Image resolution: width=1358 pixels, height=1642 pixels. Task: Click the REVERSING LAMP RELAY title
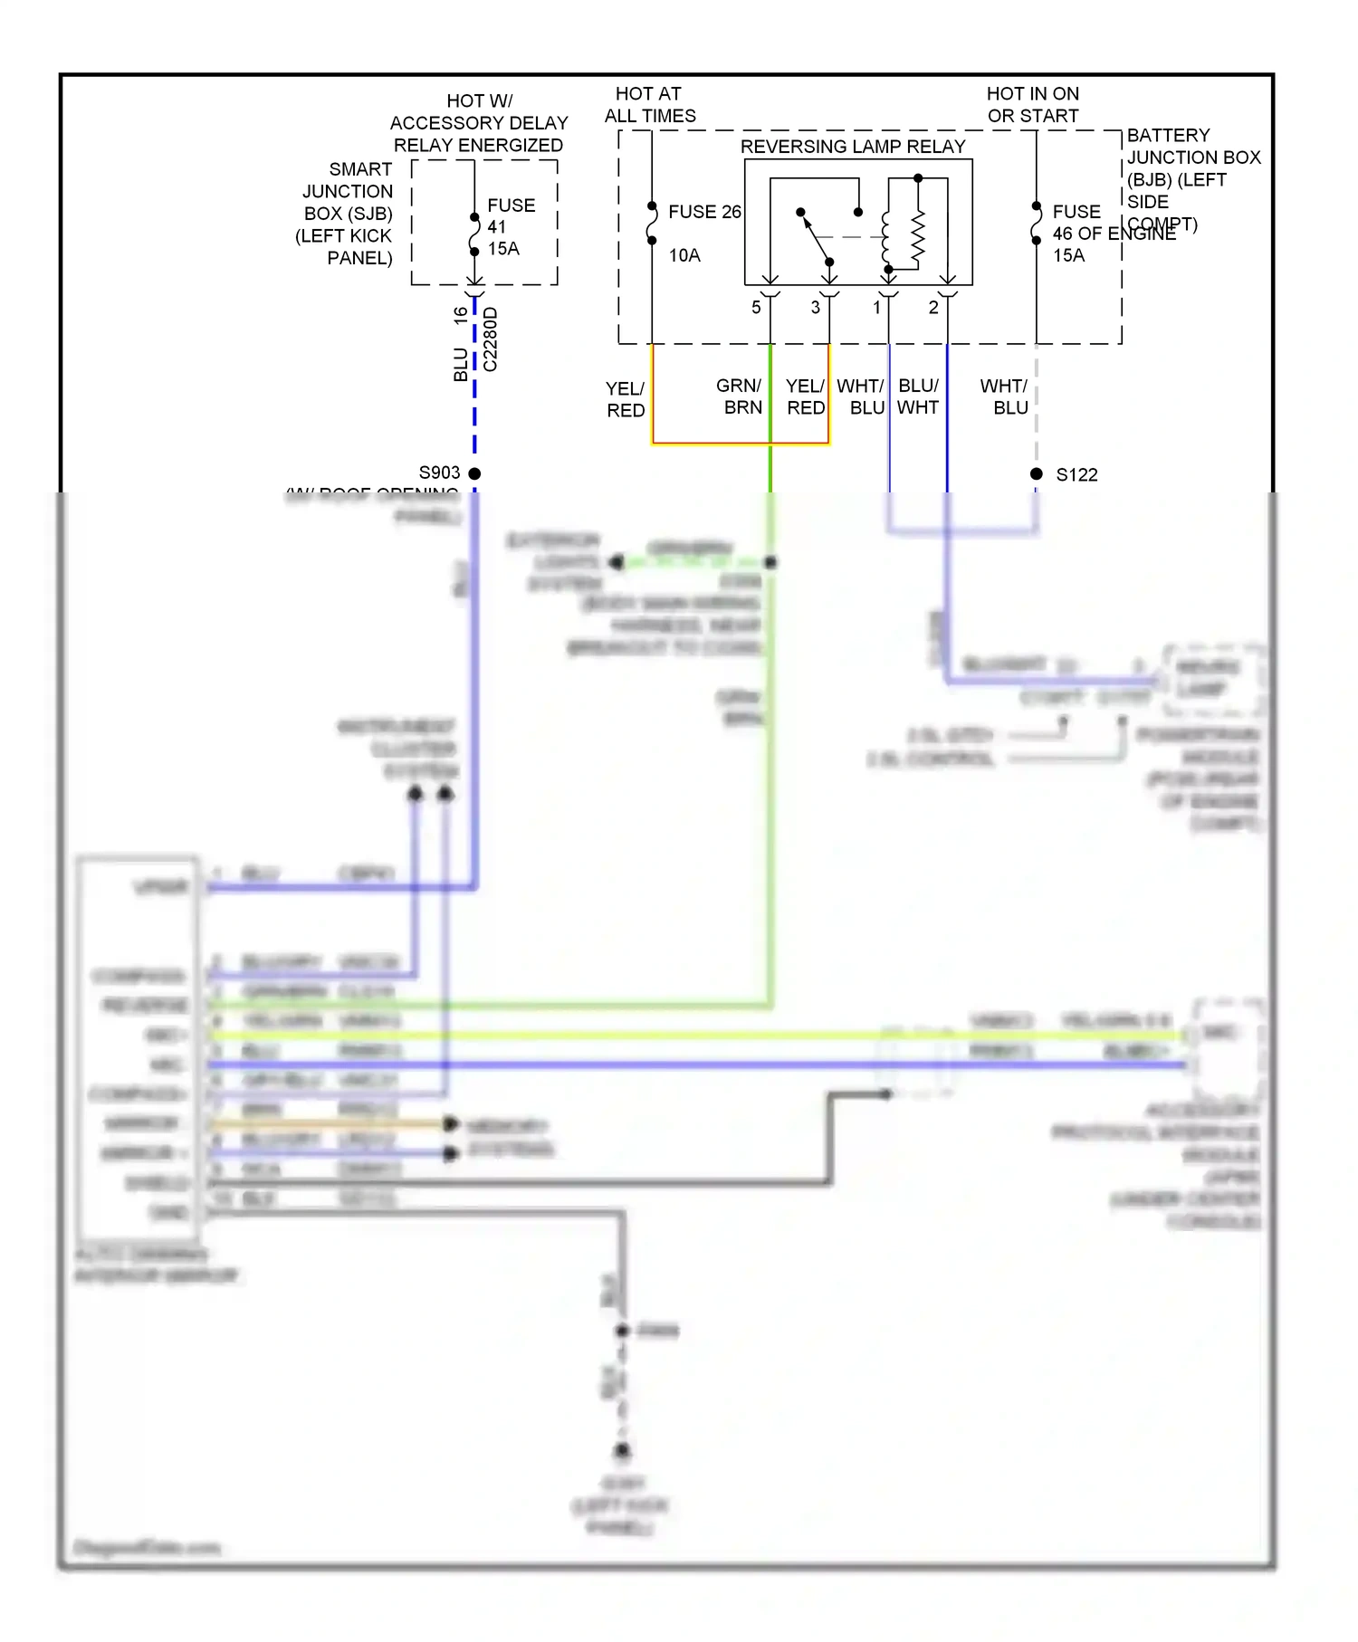852,147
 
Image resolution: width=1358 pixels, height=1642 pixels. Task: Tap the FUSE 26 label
703,212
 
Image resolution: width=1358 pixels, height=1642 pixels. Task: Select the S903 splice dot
474,473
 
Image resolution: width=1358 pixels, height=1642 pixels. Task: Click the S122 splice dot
1037,473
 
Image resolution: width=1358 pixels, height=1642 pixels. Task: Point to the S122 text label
1076,474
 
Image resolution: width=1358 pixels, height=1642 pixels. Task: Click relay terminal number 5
756,308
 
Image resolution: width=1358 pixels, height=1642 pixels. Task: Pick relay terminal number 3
815,308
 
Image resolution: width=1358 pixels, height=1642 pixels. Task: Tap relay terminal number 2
933,308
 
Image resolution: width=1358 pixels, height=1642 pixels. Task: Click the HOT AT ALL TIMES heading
649,105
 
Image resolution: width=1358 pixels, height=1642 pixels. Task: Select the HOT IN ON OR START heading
1032,105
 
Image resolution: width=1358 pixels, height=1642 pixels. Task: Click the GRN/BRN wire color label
740,396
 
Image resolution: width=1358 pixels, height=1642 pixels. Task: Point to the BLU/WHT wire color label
918,396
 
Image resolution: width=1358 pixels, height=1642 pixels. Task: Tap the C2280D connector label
491,339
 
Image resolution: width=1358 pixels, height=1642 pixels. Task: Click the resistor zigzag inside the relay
918,237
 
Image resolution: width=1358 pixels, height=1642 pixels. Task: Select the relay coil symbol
886,237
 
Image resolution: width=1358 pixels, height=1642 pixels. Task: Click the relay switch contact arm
815,237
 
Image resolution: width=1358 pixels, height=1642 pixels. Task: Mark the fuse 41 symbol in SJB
474,234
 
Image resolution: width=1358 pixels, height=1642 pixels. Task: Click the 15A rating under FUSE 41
503,249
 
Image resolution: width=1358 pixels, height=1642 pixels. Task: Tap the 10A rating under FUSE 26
684,256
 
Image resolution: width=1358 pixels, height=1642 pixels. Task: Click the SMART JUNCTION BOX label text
347,214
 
